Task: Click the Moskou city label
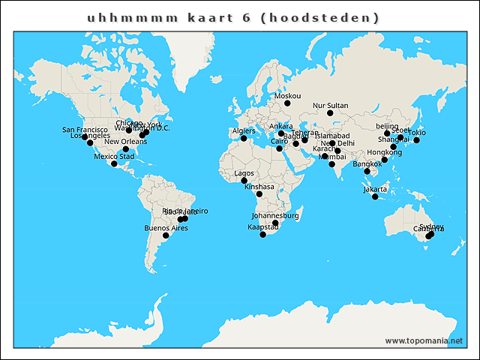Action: pyautogui.click(x=288, y=96)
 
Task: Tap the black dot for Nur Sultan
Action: pyautogui.click(x=330, y=113)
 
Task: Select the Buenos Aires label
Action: pyautogui.click(x=166, y=227)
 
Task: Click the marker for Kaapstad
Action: pyautogui.click(x=262, y=235)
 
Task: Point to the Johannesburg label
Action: pyautogui.click(x=275, y=216)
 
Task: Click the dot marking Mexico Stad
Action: pyautogui.click(x=114, y=163)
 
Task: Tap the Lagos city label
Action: pyautogui.click(x=244, y=173)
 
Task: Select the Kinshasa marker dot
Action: pyautogui.click(x=259, y=194)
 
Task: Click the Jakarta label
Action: pyautogui.click(x=375, y=189)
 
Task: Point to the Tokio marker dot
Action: pyautogui.click(x=416, y=140)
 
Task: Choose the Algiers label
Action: pyautogui.click(x=244, y=131)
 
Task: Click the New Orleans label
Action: pyautogui.click(x=125, y=142)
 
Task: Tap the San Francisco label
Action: pyautogui.click(x=83, y=130)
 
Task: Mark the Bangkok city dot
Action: pyautogui.click(x=367, y=172)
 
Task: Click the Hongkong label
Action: pyautogui.click(x=384, y=152)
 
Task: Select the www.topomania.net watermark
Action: pyautogui.click(x=424, y=340)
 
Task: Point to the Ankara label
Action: pyautogui.click(x=280, y=126)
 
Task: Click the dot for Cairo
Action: pyautogui.click(x=279, y=148)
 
